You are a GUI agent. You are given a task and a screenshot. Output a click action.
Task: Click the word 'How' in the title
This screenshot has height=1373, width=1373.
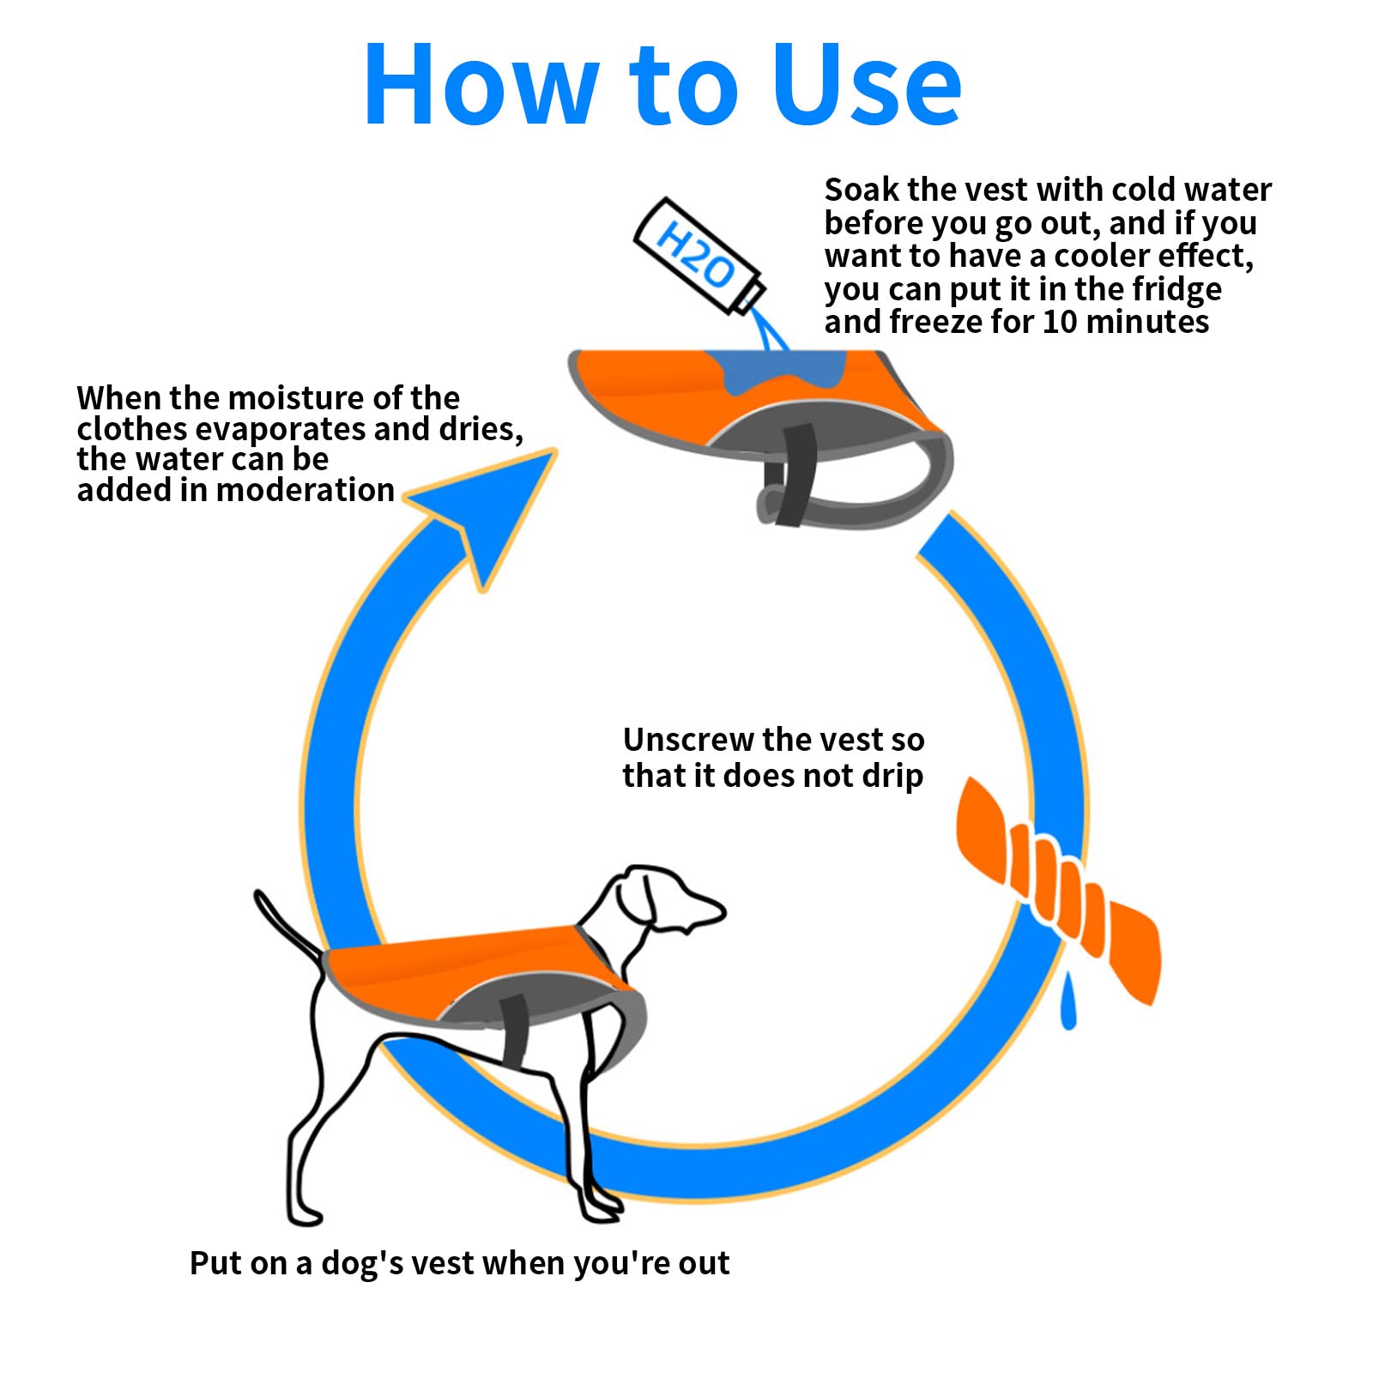pyautogui.click(x=481, y=84)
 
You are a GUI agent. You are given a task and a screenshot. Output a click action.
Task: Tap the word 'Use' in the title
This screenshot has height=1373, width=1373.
pyautogui.click(x=866, y=84)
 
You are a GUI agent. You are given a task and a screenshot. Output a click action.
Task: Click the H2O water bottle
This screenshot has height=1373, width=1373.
pyautogui.click(x=699, y=256)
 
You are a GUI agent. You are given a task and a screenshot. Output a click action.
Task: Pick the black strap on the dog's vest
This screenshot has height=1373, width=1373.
pyautogui.click(x=515, y=1030)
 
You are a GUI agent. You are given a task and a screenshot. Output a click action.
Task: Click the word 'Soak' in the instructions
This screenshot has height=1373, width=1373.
pyautogui.click(x=862, y=190)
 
